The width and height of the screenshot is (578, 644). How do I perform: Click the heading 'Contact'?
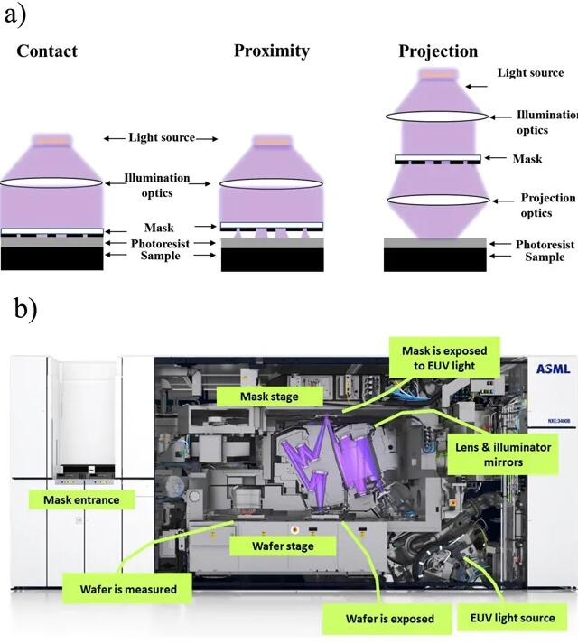(47, 51)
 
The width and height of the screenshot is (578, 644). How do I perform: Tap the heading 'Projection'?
(438, 51)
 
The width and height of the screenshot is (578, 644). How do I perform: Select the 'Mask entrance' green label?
(74, 499)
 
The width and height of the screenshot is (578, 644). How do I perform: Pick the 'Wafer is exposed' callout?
(389, 619)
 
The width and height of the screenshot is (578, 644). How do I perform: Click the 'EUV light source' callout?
(512, 619)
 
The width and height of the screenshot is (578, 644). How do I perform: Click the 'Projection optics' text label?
(547, 205)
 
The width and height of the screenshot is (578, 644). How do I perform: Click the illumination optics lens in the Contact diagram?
(51, 182)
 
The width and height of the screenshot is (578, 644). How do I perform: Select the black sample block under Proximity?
(272, 259)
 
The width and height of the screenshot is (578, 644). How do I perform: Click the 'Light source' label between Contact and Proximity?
(162, 138)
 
